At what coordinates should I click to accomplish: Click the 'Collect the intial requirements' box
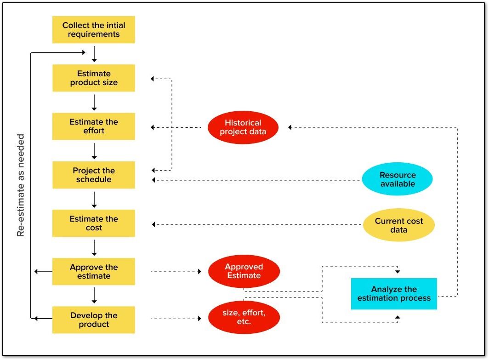94,30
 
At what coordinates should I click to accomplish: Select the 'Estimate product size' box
94,78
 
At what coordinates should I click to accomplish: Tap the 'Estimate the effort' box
94,126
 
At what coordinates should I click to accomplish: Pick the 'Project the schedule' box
94,175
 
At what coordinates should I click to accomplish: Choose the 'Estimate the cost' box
94,223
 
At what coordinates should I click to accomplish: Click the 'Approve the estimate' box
94,272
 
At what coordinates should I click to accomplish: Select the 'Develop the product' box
94,320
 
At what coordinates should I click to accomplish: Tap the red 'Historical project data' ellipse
243,127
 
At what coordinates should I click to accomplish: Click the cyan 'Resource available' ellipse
398,179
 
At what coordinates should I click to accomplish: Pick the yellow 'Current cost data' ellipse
398,225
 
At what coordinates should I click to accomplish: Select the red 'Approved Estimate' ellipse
244,271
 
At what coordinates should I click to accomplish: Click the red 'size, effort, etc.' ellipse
244,318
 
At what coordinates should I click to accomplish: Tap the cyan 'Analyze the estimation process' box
394,294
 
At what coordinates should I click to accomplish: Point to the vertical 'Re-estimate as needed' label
21,185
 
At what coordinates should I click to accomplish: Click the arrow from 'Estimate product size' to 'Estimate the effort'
94,102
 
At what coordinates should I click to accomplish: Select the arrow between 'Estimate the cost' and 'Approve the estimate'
94,247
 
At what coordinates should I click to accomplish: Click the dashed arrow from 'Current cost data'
257,225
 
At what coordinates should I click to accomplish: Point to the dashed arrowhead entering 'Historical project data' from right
290,127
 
